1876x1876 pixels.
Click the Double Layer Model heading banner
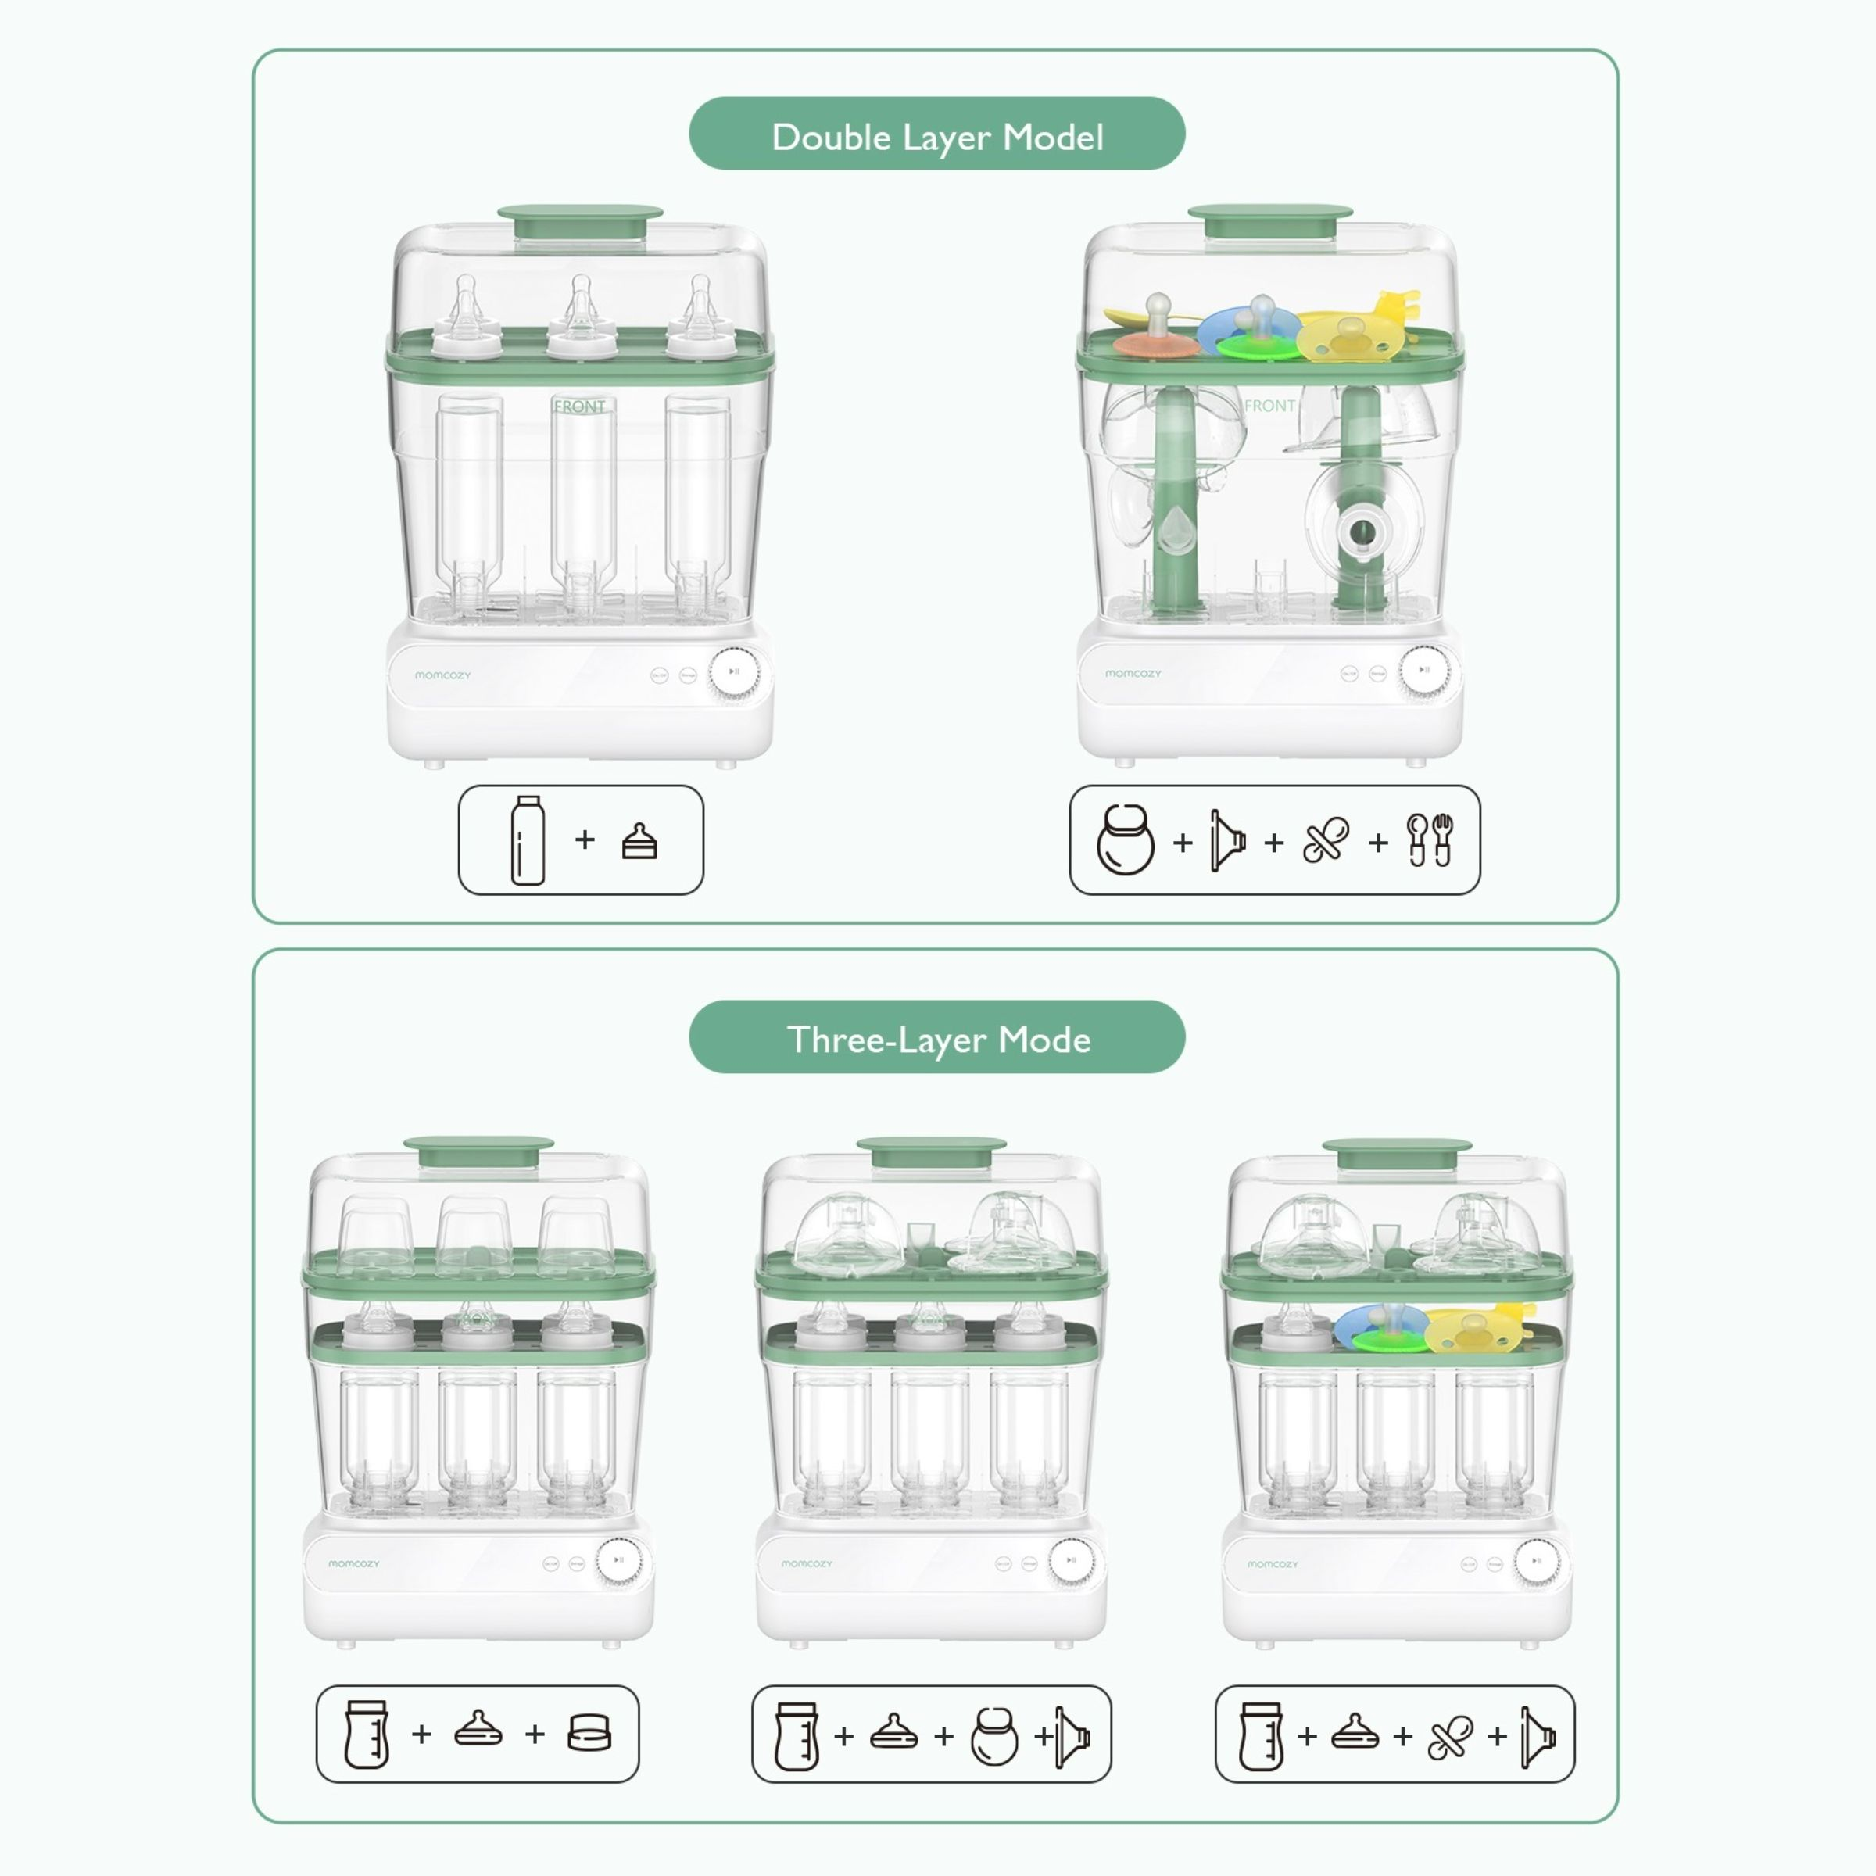[x=937, y=134]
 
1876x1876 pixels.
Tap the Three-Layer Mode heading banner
[x=937, y=1037]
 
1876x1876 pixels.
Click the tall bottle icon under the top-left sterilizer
[x=528, y=840]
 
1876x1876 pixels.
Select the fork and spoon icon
[x=1430, y=840]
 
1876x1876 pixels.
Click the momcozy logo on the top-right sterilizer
[x=1132, y=673]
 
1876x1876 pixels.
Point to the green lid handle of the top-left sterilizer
[x=580, y=221]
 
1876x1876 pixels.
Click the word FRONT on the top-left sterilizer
[x=580, y=406]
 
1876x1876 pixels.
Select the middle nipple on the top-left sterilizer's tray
[x=581, y=316]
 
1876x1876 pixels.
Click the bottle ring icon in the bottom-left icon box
[x=589, y=1733]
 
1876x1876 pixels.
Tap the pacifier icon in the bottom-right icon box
[x=1450, y=1736]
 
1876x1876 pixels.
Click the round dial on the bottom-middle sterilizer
[x=1071, y=1560]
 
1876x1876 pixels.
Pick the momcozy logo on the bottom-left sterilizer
[x=353, y=1563]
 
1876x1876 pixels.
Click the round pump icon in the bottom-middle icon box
[x=993, y=1736]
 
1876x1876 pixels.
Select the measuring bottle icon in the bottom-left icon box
[x=367, y=1733]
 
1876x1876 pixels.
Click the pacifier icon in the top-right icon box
[x=1326, y=841]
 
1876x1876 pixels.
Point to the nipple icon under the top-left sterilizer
[x=639, y=842]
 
